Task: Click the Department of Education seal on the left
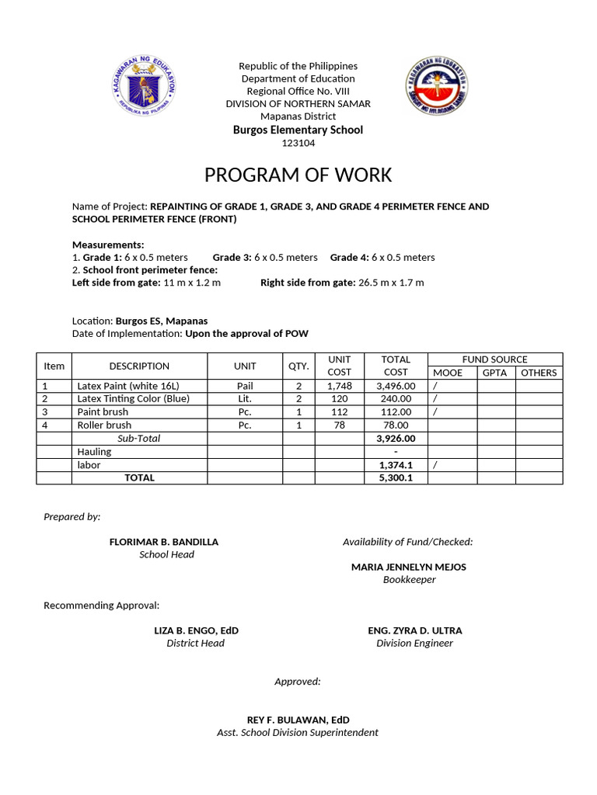[145, 85]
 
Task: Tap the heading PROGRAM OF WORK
[298, 175]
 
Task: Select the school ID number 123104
[298, 144]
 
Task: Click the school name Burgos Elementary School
[298, 130]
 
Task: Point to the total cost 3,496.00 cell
[396, 386]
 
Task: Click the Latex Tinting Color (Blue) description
[133, 399]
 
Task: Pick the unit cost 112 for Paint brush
[339, 412]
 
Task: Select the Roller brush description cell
[104, 425]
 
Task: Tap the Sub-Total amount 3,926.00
[396, 439]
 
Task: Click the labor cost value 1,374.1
[396, 465]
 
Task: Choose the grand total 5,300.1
[396, 478]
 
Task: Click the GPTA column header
[494, 373]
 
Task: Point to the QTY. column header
[298, 366]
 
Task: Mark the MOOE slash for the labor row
[435, 465]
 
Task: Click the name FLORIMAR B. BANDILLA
[164, 542]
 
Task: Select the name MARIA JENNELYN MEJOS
[409, 568]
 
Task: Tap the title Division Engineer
[414, 643]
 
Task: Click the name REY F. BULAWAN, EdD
[298, 720]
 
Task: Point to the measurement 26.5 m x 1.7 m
[391, 283]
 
